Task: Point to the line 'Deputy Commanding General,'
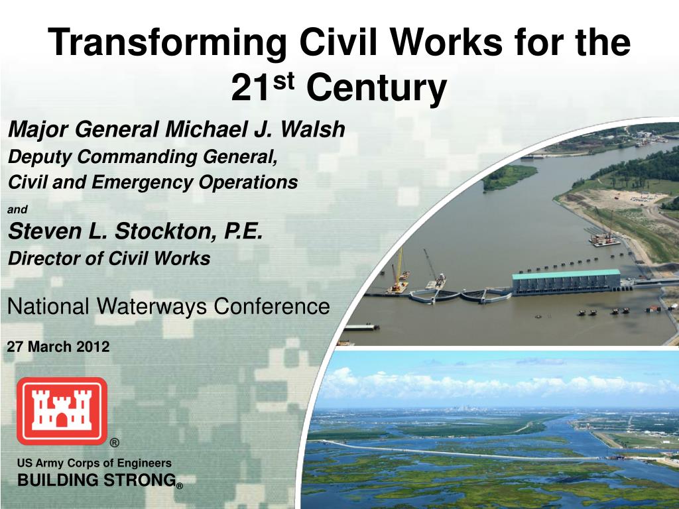click(x=142, y=157)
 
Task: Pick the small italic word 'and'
click(x=17, y=209)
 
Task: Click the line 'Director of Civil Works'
click(x=109, y=258)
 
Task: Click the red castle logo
click(x=62, y=410)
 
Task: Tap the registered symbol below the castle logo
click(x=115, y=443)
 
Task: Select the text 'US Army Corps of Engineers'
click(x=94, y=463)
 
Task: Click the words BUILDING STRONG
click(x=96, y=481)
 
